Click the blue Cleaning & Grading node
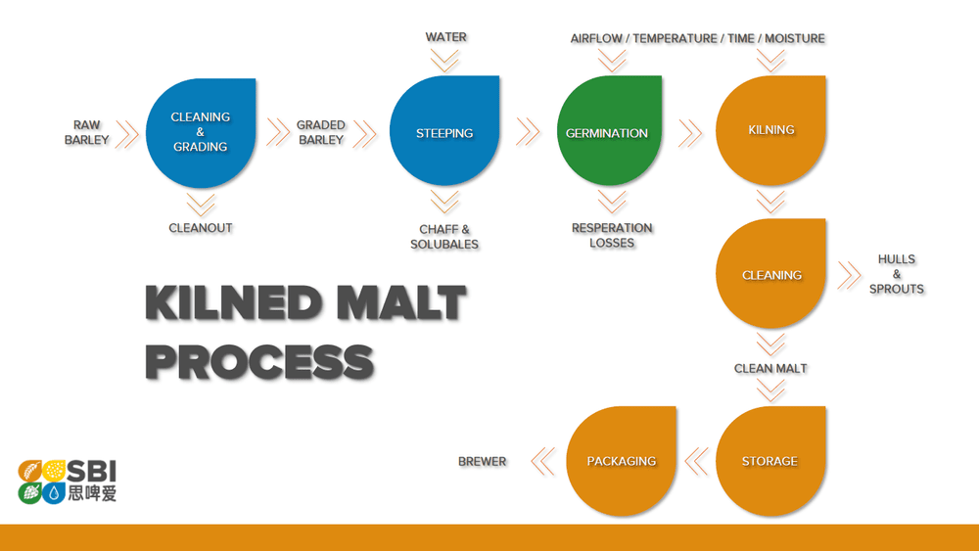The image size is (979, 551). (x=201, y=132)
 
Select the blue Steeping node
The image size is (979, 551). (x=444, y=132)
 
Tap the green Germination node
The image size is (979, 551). (x=607, y=132)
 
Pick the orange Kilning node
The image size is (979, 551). (x=771, y=130)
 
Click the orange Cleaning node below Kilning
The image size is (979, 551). (x=771, y=275)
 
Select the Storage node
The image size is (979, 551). (x=769, y=461)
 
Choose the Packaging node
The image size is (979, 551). (x=621, y=461)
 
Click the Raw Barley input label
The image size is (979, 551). (x=87, y=132)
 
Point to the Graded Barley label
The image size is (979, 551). (x=321, y=132)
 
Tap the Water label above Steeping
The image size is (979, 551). (x=445, y=37)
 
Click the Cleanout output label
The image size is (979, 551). (x=201, y=228)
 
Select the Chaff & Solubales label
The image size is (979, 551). (x=444, y=236)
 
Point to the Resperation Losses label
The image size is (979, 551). (x=612, y=235)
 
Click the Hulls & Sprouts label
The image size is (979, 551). (x=896, y=274)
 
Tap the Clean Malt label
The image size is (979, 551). (x=770, y=369)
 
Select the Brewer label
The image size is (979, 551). (x=482, y=461)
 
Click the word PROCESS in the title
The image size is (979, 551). (x=259, y=361)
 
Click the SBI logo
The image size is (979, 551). (x=69, y=481)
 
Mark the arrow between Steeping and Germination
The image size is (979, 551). (x=528, y=132)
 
